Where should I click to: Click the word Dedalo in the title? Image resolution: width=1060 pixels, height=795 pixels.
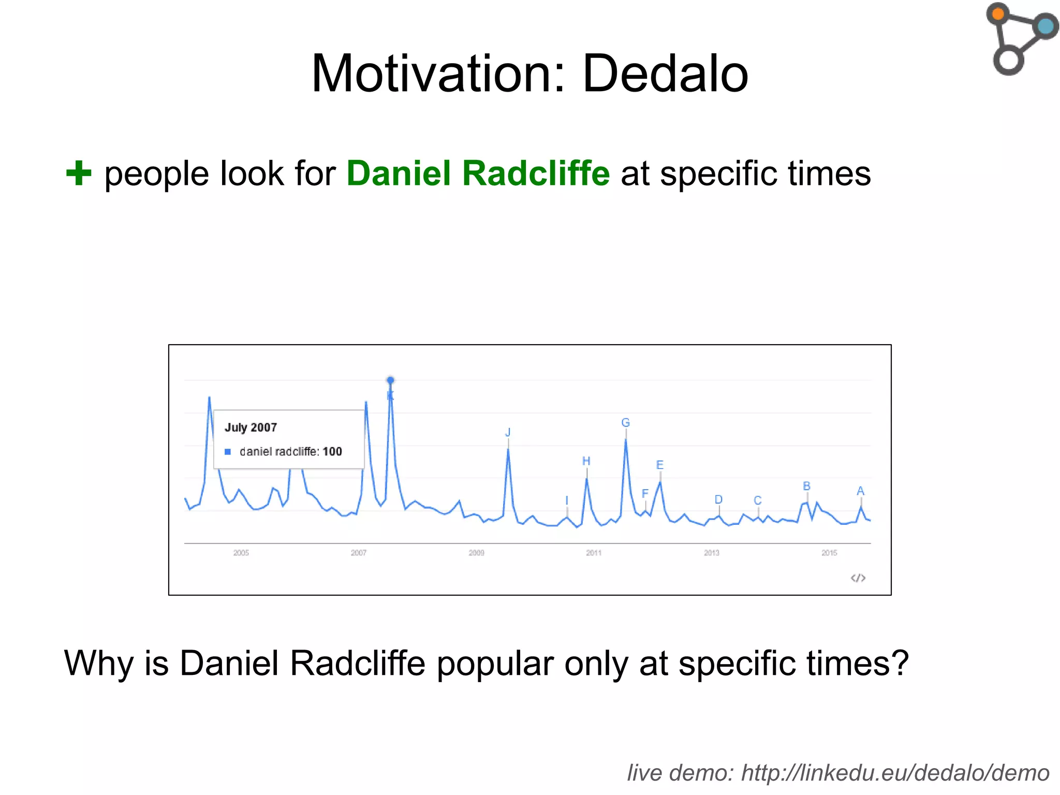click(665, 74)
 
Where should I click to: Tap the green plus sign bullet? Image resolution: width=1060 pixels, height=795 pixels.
click(79, 173)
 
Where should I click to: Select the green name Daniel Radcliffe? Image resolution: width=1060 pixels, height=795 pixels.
click(478, 173)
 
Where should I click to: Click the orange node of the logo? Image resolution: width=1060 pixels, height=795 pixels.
click(998, 13)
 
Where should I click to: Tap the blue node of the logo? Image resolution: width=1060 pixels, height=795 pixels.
click(1046, 26)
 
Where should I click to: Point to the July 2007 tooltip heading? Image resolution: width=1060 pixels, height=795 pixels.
click(251, 428)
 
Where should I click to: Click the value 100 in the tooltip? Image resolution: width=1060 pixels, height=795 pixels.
click(332, 452)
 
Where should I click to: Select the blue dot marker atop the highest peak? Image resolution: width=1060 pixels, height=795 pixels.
click(391, 380)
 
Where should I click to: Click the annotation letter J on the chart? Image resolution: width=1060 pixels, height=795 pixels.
click(508, 432)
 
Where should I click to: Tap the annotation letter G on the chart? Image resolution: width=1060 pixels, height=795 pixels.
click(625, 423)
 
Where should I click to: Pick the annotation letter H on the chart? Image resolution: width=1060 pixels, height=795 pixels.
click(586, 461)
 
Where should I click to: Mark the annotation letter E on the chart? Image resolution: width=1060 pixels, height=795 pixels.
click(659, 465)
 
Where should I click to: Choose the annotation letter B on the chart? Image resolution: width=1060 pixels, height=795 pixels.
click(806, 486)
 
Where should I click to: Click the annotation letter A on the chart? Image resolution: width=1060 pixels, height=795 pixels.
click(860, 491)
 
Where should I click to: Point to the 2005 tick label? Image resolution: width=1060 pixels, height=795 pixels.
click(241, 553)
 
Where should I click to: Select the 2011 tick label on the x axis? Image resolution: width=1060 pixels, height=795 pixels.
click(594, 553)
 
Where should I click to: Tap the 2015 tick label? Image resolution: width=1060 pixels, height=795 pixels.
click(829, 553)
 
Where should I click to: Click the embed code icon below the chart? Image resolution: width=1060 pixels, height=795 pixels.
click(858, 578)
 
